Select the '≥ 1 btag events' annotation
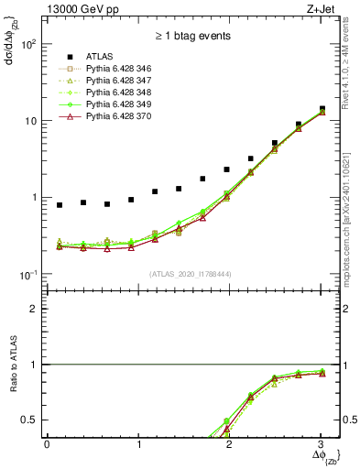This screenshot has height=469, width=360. click(x=191, y=36)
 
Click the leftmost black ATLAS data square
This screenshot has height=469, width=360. click(x=60, y=205)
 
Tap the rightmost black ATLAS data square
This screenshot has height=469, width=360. click(x=322, y=109)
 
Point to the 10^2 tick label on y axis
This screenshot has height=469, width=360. click(x=28, y=44)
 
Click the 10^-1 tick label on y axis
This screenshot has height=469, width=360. click(x=28, y=275)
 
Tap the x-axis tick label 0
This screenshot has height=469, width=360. click(x=47, y=445)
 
